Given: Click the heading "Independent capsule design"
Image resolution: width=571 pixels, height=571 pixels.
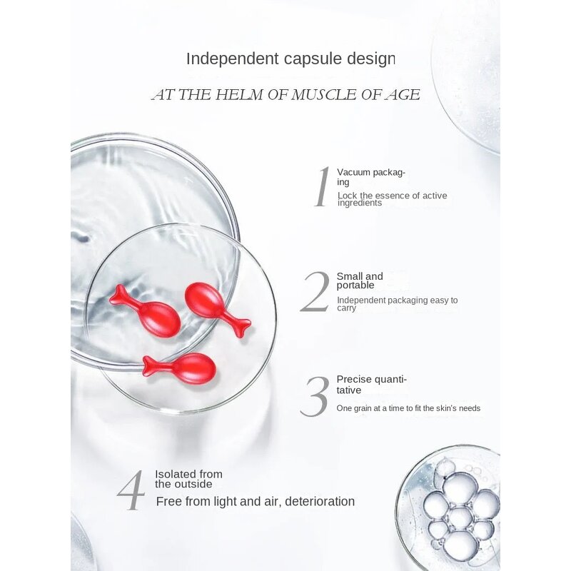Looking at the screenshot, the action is coord(290,59).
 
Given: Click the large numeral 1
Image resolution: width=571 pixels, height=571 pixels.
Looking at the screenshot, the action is coord(323,187).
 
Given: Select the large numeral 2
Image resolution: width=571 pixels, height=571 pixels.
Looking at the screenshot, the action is coord(315,292).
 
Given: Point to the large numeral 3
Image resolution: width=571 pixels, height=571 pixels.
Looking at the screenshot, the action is coord(314,396).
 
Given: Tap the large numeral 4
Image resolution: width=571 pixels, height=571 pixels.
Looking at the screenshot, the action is coord(131,490).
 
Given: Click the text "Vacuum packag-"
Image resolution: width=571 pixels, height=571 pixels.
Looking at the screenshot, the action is coord(371,172).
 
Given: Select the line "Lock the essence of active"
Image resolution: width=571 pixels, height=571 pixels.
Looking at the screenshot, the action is coord(392,196).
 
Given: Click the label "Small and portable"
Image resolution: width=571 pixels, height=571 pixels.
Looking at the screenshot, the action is coord(360,281).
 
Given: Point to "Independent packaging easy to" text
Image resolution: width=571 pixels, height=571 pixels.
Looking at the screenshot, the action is coord(398,300).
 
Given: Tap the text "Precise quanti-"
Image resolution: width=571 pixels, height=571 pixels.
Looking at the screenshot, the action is coord(371,380).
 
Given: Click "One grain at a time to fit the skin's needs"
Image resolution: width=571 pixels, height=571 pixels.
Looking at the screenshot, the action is coord(408,408).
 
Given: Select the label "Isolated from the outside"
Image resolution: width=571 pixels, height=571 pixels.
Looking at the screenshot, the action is coord(188,479).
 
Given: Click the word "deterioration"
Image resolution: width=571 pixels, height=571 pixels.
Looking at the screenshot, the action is coord(320,502).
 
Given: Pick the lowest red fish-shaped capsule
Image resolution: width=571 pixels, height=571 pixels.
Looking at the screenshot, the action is coord(179,368).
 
